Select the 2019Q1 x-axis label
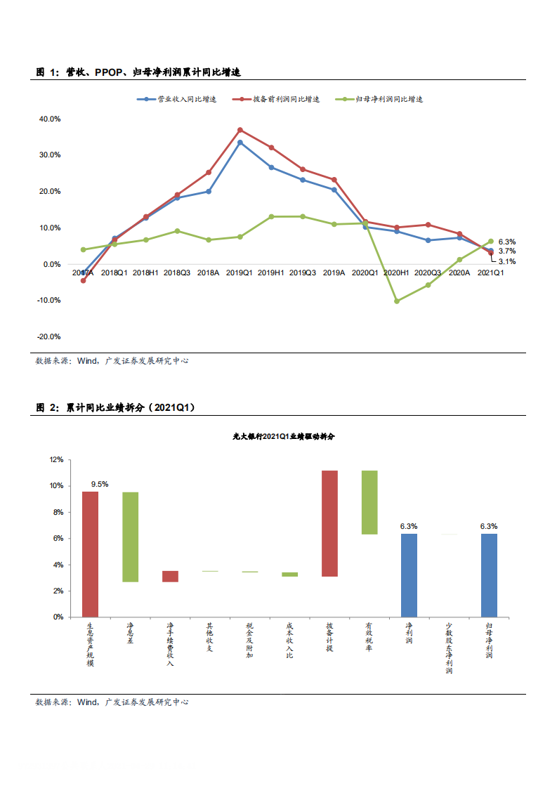pyautogui.click(x=240, y=272)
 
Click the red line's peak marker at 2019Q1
pyautogui.click(x=240, y=130)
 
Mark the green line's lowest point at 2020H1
pyautogui.click(x=397, y=301)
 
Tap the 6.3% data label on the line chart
pyautogui.click(x=506, y=242)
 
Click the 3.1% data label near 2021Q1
pyautogui.click(x=506, y=261)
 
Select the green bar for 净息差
pyautogui.click(x=130, y=537)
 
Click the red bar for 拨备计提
pyautogui.click(x=329, y=523)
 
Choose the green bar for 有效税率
pyautogui.click(x=369, y=502)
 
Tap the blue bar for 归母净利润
pyautogui.click(x=489, y=575)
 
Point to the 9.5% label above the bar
pyautogui.click(x=100, y=484)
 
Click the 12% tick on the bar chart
pyautogui.click(x=55, y=459)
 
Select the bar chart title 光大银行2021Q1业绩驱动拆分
pyautogui.click(x=284, y=436)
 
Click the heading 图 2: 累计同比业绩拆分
pyautogui.click(x=115, y=407)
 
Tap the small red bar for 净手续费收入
pyautogui.click(x=170, y=576)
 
